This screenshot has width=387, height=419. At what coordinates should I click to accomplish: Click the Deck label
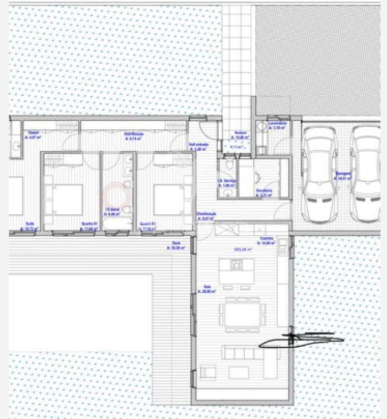pyautogui.click(x=176, y=244)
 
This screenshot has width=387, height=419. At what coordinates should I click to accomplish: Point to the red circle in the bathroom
pyautogui.click(x=116, y=193)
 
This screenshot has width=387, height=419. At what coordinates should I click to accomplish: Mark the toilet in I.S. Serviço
pyautogui.click(x=230, y=165)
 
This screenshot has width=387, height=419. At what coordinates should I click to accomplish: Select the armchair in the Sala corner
pyautogui.click(x=208, y=373)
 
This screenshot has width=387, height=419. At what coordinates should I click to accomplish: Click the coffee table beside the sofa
pyautogui.click(x=238, y=372)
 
